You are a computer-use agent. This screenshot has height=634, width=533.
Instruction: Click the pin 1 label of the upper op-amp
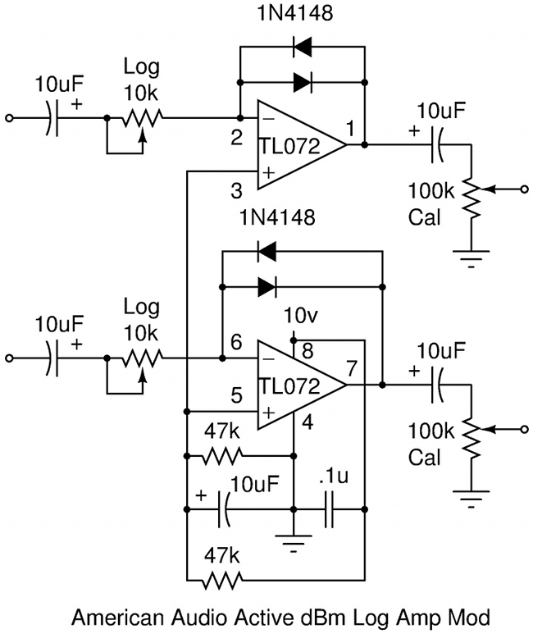tap(350, 129)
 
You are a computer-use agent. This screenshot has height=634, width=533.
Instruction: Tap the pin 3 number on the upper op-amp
tap(237, 191)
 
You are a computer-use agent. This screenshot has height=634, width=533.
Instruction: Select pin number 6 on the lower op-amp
tap(236, 343)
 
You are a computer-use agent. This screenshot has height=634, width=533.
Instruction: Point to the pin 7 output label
tap(352, 368)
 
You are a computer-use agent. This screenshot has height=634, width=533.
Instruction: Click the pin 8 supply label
tap(307, 351)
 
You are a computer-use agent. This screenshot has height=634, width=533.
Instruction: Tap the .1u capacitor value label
tap(334, 477)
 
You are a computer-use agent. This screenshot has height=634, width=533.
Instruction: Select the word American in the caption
tap(118, 618)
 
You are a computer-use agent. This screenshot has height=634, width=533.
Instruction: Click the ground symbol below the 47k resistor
tap(294, 543)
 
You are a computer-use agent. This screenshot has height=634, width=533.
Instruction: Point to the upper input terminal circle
tap(9, 118)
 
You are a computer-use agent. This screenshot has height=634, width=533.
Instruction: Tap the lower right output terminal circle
tap(525, 430)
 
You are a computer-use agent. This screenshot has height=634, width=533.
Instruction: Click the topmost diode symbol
tap(303, 47)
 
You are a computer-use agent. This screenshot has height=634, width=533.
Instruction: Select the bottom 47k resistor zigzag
tap(221, 581)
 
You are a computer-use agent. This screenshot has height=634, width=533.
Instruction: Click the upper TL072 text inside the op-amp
tap(289, 146)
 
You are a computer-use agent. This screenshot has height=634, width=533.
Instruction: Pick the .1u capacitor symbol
tap(329, 509)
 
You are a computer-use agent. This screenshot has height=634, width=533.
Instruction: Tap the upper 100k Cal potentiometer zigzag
tap(471, 198)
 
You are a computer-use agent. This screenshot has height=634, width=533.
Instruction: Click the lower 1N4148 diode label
tap(277, 218)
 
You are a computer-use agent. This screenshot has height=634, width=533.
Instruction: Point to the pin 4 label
tap(307, 422)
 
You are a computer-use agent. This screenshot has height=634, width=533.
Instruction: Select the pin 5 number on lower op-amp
tap(237, 395)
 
